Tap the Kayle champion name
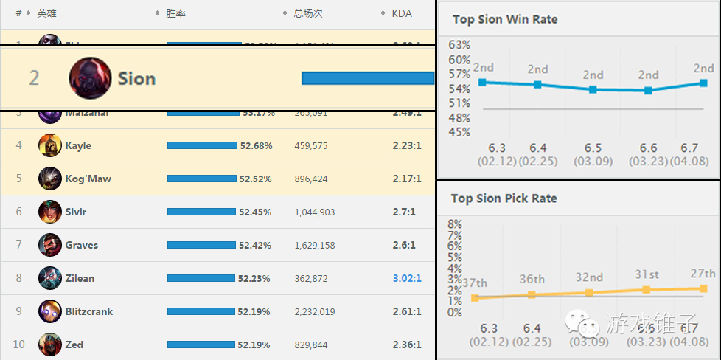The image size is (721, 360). coord(78,145)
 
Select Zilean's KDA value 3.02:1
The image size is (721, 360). coord(407,278)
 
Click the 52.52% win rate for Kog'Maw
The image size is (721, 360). coord(256,179)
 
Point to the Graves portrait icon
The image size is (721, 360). coord(50,245)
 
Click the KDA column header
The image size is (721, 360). coord(402,13)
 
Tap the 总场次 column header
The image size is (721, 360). coord(308,13)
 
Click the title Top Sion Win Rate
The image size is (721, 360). coord(505,19)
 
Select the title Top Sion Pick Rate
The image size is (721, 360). coord(504,198)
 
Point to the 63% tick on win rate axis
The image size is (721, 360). coord(459,45)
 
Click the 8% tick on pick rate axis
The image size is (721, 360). coord(455,224)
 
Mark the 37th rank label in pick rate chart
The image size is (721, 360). coord(475,283)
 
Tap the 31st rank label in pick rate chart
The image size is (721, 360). coord(647,274)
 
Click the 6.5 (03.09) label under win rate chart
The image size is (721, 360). coord(593,154)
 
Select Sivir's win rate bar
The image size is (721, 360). coord(201,212)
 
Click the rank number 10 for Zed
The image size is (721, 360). coord(19,345)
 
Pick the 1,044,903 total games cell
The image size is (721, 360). coord(315,212)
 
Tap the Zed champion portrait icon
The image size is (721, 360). coord(50,345)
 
